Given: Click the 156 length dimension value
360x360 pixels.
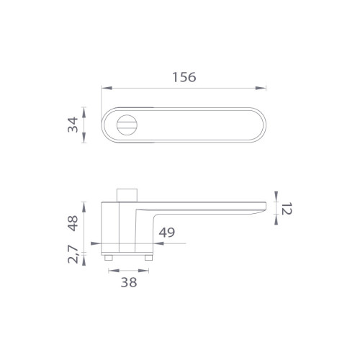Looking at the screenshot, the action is coord(184,77).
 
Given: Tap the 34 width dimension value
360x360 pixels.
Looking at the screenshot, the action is coord(73,125).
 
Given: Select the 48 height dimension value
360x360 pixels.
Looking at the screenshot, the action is coord(73,223).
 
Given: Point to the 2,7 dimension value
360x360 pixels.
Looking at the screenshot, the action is coord(73,255).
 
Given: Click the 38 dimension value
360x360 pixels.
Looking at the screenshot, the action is coord(129,282).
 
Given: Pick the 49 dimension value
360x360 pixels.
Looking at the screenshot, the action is coord(167,233).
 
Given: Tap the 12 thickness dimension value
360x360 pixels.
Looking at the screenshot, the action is coord(287,208).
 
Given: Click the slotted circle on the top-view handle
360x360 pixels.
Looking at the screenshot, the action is coord(127,125).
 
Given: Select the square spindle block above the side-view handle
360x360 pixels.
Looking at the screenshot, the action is coord(127,195).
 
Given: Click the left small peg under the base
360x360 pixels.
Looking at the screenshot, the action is coord(109,258).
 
